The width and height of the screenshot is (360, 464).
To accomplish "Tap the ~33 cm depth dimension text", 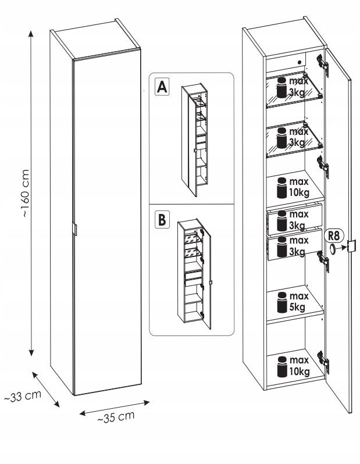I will pos(22,398).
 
